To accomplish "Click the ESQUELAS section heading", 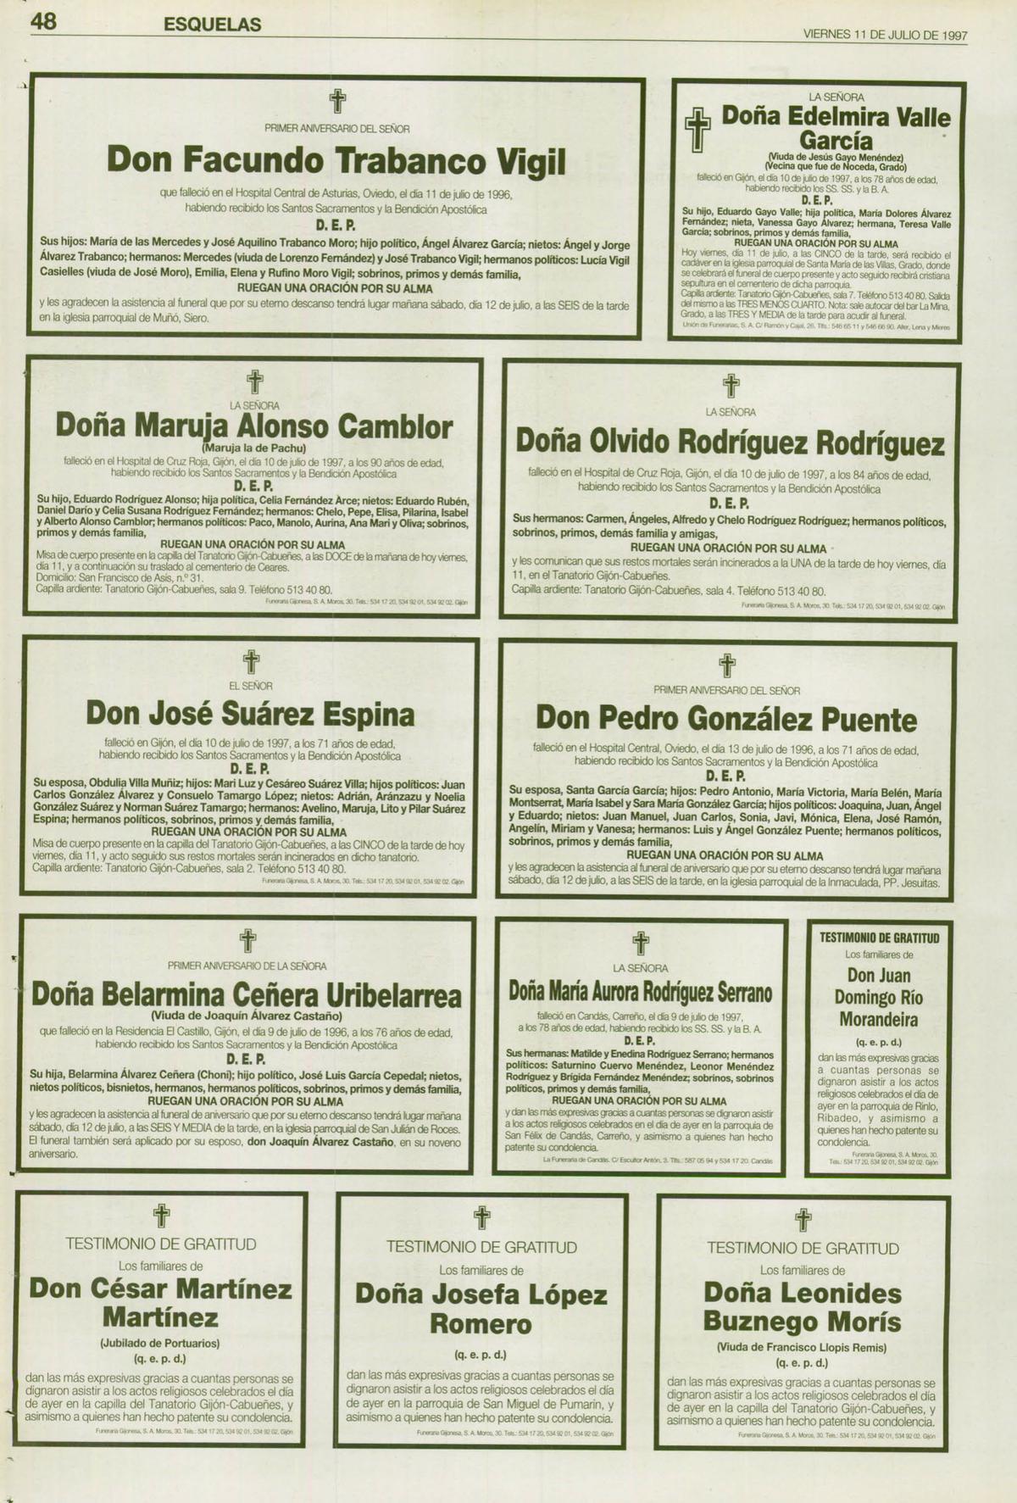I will pos(212,25).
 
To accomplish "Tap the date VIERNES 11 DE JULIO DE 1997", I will pos(885,36).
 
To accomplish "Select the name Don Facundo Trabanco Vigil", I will pos(336,160).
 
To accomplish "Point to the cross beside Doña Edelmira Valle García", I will pos(697,131).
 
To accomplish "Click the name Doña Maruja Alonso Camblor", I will pos(254,426).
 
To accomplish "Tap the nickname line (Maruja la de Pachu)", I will pos(254,448).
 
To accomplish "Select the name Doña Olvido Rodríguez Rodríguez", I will pos(730,443).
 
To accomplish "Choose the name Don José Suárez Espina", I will pos(250,714).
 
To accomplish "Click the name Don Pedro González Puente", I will pos(726,719).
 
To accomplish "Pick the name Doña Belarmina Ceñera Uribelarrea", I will pos(247,994).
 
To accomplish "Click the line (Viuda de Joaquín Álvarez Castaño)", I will pos(247,1015).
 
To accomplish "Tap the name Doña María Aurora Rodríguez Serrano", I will pos(641,991).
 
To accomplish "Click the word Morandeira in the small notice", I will pos(879,1020).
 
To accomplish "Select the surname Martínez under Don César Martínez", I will pos(160,1317).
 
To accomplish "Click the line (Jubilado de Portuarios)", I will pos(160,1343).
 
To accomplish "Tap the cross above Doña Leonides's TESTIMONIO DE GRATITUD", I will pos(803,1221).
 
